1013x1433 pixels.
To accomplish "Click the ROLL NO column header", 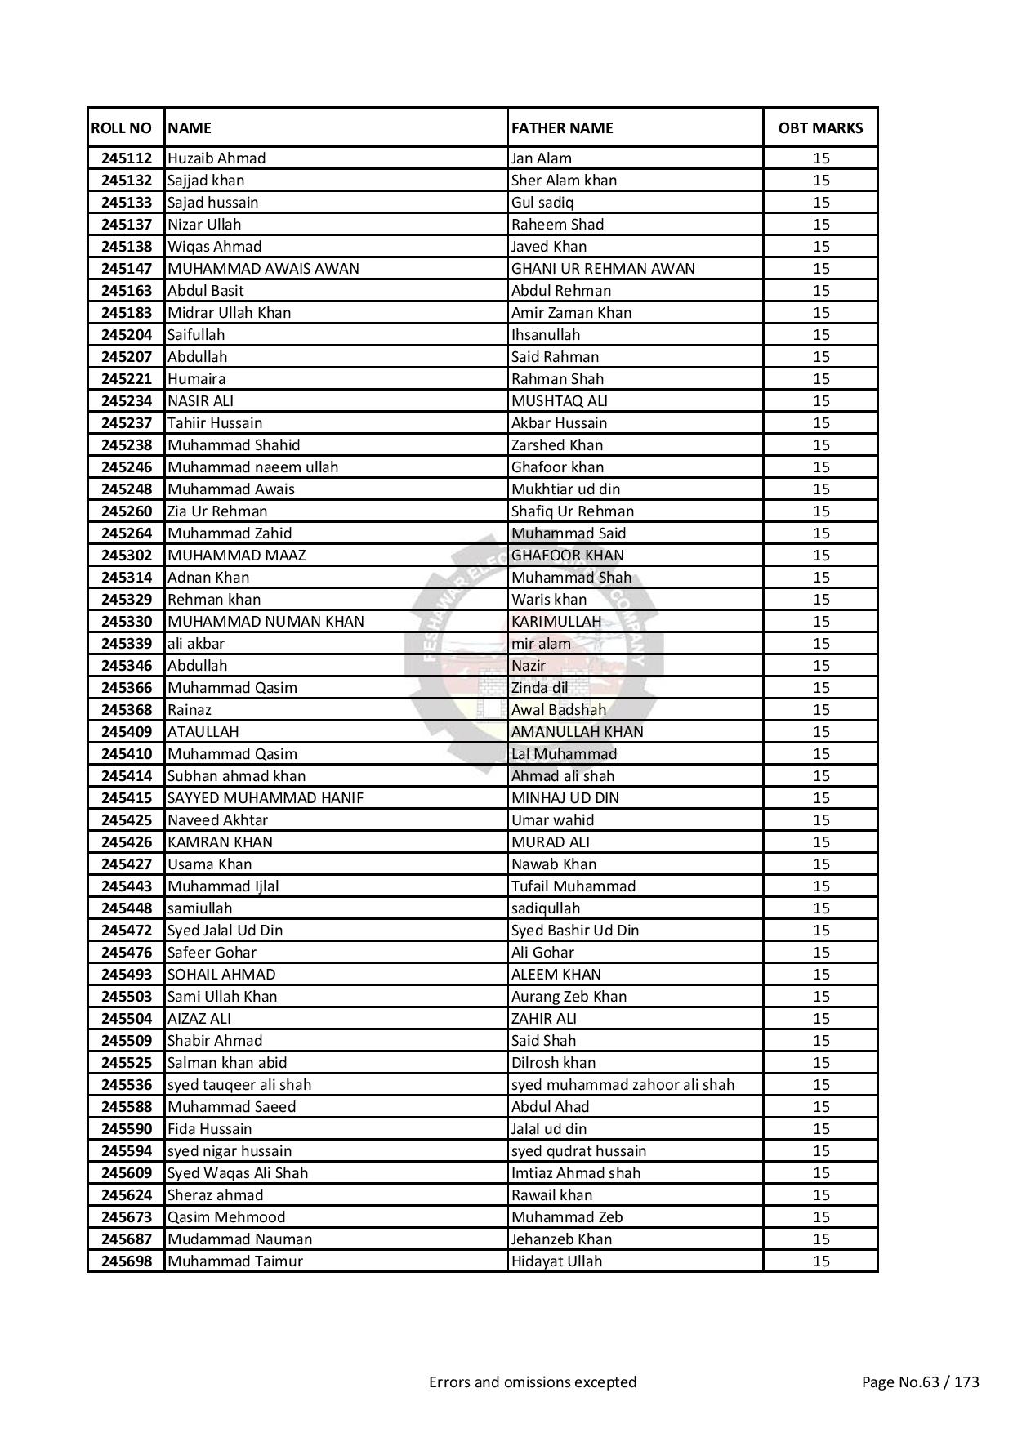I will coord(121,127).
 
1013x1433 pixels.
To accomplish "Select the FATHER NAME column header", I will coord(562,127).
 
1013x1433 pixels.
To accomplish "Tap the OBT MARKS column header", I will coord(820,127).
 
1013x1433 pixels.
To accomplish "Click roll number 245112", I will coord(127,158).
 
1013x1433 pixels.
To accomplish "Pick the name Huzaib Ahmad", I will coord(216,158).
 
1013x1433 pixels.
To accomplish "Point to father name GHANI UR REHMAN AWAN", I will coord(603,269).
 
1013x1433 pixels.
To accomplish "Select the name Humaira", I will coord(196,379).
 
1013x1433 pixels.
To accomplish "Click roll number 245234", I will coord(127,401).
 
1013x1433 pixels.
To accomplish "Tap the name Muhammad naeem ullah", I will coord(252,467).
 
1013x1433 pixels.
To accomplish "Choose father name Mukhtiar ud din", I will coord(565,489).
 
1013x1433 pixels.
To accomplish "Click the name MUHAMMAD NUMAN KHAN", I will coord(266,622).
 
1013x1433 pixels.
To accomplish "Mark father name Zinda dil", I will coord(539,688).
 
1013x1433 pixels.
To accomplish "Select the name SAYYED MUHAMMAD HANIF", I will coord(266,798).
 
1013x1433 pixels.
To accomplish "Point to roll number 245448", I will coord(127,908).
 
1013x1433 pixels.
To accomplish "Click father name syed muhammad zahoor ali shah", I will coord(623,1085).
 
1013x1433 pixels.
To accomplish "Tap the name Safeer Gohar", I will coord(212,953).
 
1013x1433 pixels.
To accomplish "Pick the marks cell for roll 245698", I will coord(821,1261).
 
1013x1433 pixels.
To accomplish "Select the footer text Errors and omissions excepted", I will coord(533,1382).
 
